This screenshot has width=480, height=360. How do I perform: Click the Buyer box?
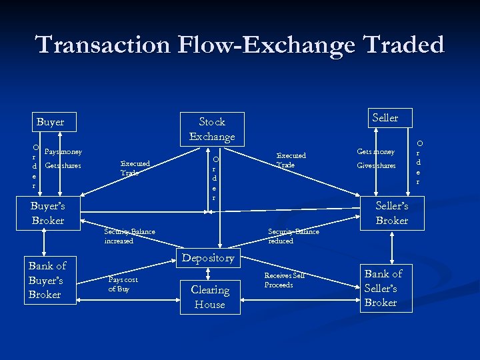click(x=50, y=122)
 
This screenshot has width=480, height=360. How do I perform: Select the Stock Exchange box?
click(x=212, y=129)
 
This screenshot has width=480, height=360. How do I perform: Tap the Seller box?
click(x=385, y=118)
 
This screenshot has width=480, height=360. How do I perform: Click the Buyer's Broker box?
click(x=48, y=213)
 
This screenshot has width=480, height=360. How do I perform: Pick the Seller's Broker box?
click(x=392, y=213)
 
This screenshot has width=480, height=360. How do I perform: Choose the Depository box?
click(x=208, y=258)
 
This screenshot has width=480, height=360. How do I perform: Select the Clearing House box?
click(x=210, y=297)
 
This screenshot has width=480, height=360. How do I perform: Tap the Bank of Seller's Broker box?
click(x=383, y=288)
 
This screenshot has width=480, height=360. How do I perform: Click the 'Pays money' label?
click(x=63, y=152)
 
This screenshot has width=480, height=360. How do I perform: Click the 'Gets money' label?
click(x=376, y=152)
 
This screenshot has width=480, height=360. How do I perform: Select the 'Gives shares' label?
click(x=376, y=165)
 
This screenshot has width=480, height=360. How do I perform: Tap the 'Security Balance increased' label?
click(x=129, y=236)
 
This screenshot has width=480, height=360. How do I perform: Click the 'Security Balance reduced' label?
click(x=293, y=236)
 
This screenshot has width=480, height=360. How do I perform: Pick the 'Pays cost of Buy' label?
click(x=123, y=285)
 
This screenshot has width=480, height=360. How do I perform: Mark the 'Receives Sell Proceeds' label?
click(x=285, y=280)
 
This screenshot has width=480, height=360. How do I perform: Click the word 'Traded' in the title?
click(x=403, y=45)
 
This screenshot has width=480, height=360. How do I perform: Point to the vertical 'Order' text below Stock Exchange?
click(x=215, y=179)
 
